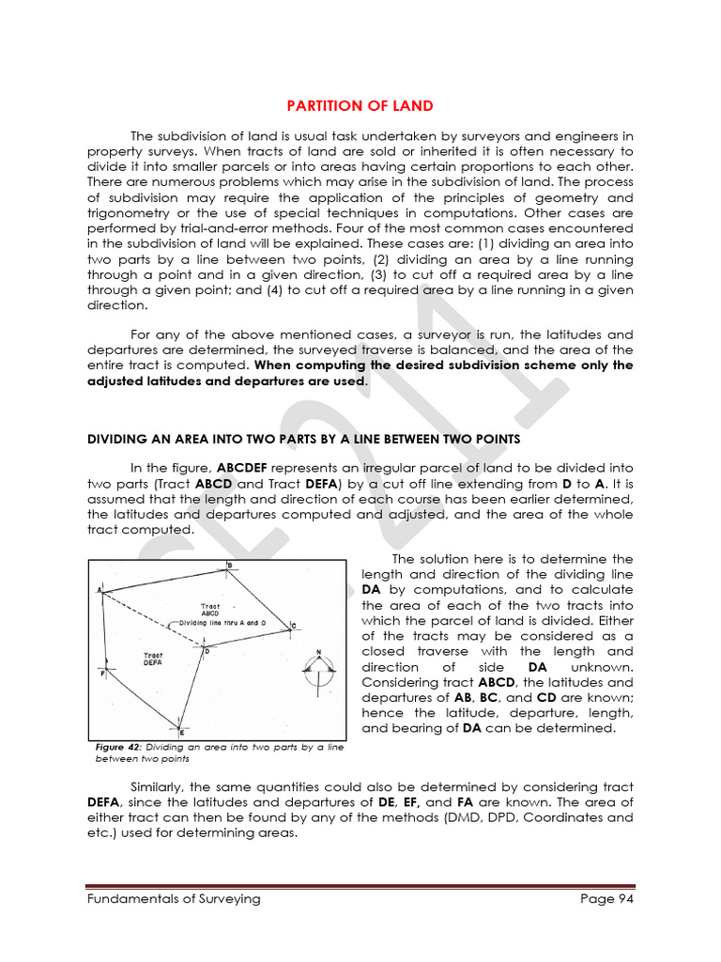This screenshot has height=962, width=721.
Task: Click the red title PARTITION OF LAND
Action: pyautogui.click(x=360, y=106)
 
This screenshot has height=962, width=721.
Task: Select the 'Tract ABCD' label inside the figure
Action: pyautogui.click(x=210, y=609)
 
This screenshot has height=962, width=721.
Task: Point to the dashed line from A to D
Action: pyautogui.click(x=150, y=617)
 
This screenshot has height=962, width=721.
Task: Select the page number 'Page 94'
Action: pyautogui.click(x=606, y=899)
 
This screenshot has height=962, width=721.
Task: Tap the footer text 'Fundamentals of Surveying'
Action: pyautogui.click(x=174, y=899)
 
